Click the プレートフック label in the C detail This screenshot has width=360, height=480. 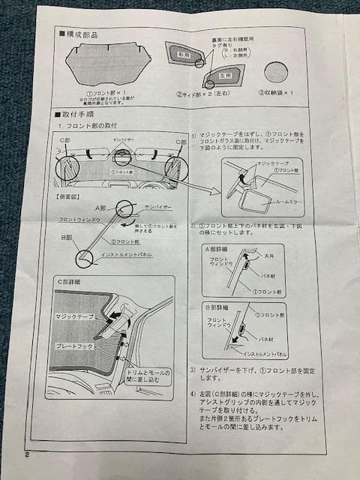point(73,346)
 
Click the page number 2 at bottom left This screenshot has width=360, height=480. point(26,454)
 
